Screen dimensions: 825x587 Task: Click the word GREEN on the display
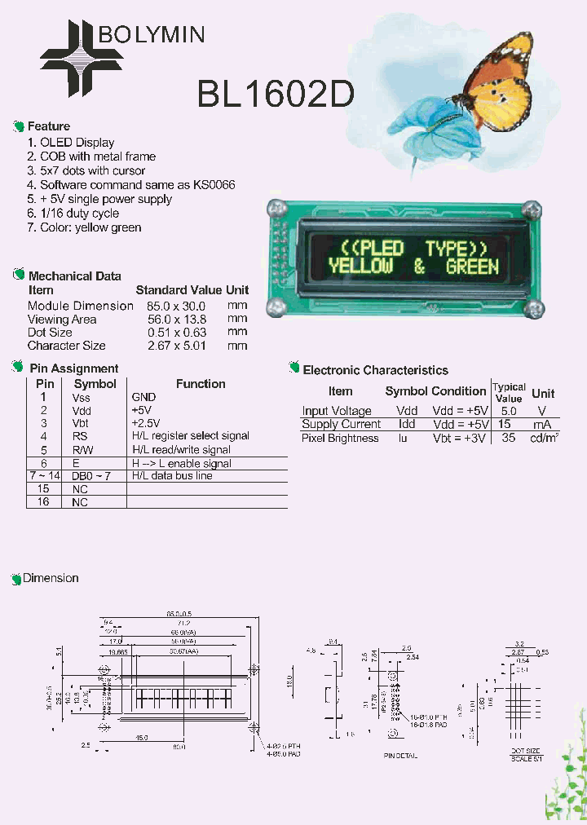point(472,266)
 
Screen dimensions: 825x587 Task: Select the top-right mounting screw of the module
point(532,210)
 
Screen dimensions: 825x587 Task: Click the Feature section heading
point(49,126)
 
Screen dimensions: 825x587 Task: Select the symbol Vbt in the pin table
point(81,423)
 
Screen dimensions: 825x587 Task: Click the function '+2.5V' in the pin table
point(145,423)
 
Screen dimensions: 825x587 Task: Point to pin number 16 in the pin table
point(44,502)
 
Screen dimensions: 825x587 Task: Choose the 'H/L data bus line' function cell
point(172,475)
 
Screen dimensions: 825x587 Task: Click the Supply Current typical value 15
point(505,424)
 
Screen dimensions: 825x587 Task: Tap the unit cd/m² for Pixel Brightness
point(545,438)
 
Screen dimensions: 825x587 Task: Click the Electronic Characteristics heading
point(375,370)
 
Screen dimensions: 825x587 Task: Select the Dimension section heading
point(51,578)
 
